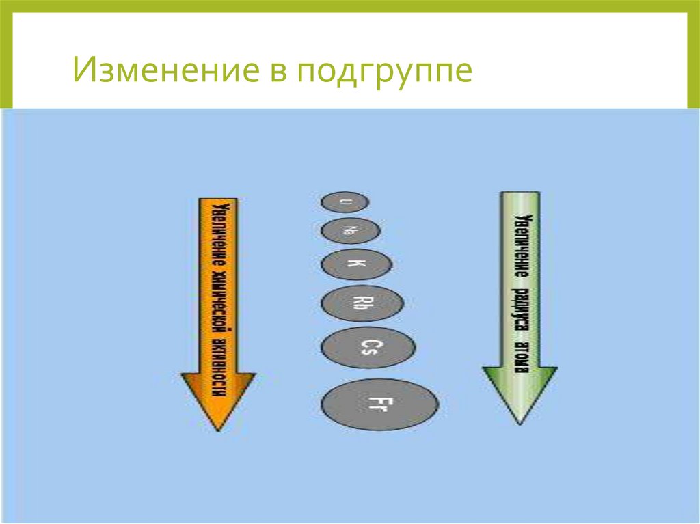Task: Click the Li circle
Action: click(x=345, y=202)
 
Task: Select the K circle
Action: click(x=356, y=264)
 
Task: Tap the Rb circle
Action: click(x=362, y=303)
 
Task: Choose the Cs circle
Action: click(x=368, y=348)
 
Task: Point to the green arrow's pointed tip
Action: click(x=520, y=422)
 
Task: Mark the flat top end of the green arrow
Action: click(x=520, y=193)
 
